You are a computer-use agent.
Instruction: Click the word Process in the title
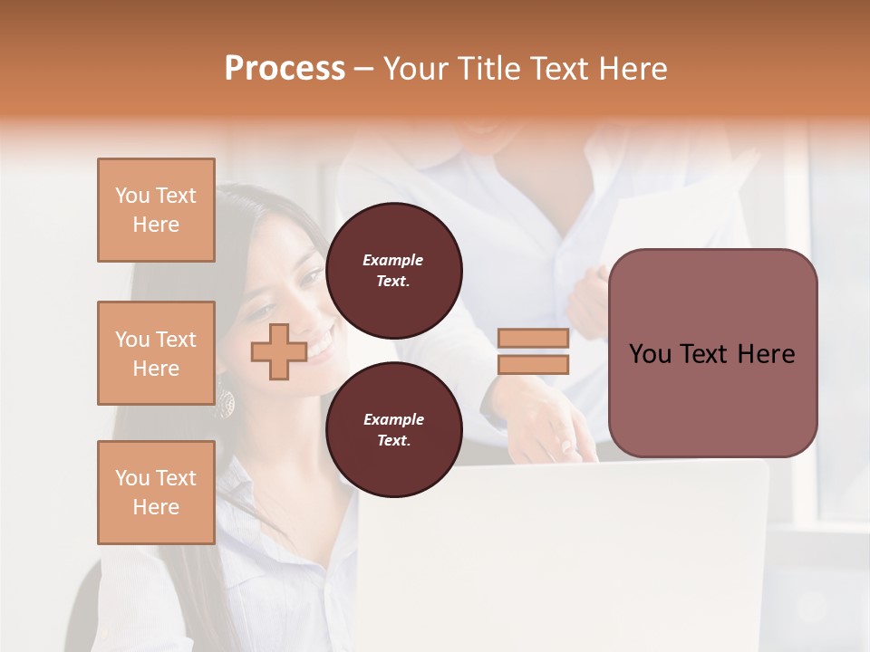tap(285, 69)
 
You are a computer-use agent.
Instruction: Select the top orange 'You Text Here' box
tap(156, 210)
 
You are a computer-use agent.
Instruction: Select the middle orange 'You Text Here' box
tap(156, 353)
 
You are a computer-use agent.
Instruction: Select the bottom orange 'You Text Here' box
tap(156, 493)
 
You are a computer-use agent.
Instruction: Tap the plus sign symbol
tap(278, 351)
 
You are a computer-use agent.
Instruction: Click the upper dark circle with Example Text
tap(393, 271)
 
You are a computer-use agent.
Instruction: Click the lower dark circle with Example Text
tap(393, 430)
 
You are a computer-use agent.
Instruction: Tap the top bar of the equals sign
tap(533, 338)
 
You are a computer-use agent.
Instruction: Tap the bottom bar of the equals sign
tap(533, 365)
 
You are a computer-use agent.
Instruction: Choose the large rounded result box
tap(712, 353)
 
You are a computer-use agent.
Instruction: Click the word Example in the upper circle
tap(393, 261)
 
